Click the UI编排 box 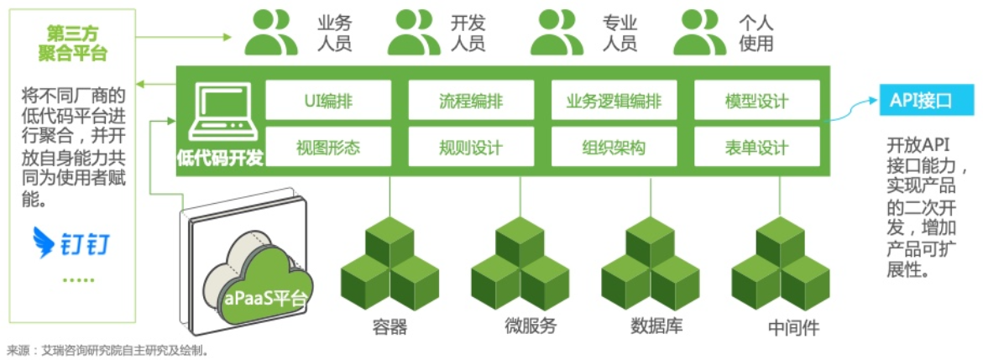[328, 102]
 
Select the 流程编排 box [471, 102]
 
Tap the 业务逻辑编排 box [614, 102]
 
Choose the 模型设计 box [756, 102]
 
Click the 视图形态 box [328, 149]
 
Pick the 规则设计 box [471, 149]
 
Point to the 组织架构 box [614, 149]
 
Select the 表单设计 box [756, 149]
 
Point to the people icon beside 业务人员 [270, 33]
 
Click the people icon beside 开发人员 [414, 33]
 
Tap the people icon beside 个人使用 [700, 33]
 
